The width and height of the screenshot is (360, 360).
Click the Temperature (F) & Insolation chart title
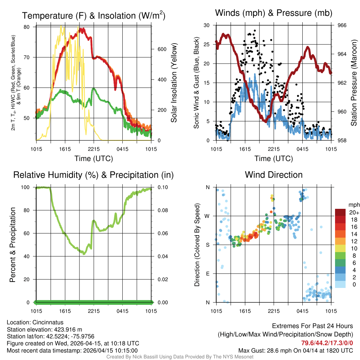tap(94, 16)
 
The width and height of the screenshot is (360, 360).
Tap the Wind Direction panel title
tap(274, 175)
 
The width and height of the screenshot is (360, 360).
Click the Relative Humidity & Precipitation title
tap(94, 175)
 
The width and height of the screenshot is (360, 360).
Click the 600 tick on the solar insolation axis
tap(162, 49)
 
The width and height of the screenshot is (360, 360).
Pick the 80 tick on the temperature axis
tap(31, 27)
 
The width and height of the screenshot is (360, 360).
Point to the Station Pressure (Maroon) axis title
tap(354, 83)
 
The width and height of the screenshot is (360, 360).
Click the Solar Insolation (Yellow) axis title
tap(174, 83)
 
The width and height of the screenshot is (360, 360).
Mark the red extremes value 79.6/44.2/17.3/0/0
tap(327, 343)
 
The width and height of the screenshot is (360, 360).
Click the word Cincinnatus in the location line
tap(48, 322)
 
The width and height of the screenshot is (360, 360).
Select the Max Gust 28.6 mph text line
tap(296, 350)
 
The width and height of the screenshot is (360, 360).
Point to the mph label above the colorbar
tap(353, 205)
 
